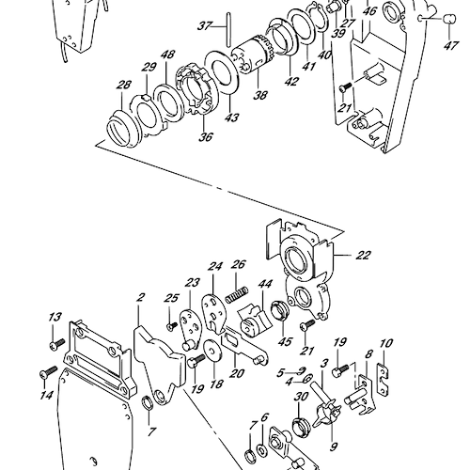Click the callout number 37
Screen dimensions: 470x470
tap(205, 25)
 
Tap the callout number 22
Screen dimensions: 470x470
tap(363, 256)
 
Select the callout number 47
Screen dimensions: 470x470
tap(451, 46)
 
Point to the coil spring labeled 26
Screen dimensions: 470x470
tap(237, 295)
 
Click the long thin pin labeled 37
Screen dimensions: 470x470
tap(228, 29)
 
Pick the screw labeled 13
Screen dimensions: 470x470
tap(57, 344)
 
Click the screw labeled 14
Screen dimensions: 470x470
tap(49, 371)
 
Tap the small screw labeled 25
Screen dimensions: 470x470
tap(173, 325)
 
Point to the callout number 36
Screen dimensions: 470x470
tap(206, 136)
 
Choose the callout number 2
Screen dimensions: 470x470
tap(141, 297)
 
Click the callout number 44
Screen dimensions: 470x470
tap(265, 284)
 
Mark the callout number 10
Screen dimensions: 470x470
tap(385, 344)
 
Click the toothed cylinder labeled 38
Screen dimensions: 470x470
tap(253, 55)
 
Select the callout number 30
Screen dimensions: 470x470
tap(301, 397)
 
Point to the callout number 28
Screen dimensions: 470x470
tap(124, 85)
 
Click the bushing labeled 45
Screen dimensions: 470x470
tap(280, 310)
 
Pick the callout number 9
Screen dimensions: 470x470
tap(334, 446)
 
